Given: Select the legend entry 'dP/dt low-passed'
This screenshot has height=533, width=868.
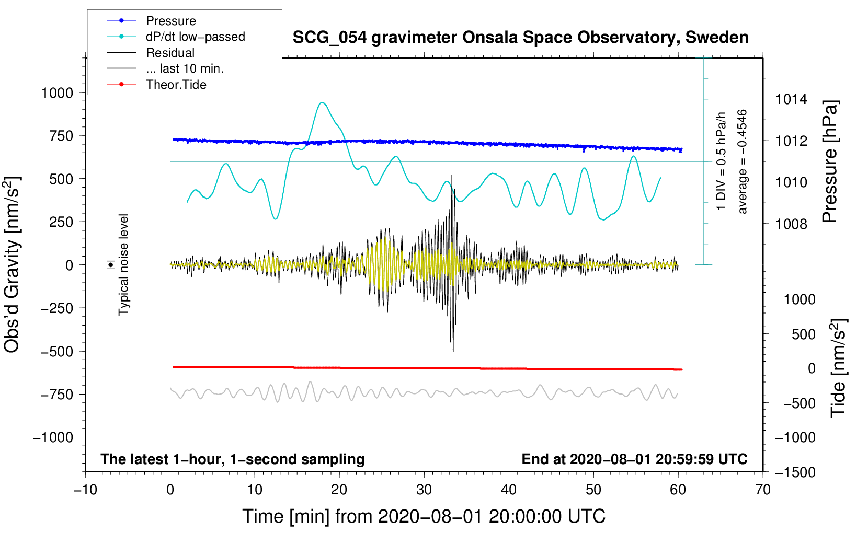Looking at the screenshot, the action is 176,37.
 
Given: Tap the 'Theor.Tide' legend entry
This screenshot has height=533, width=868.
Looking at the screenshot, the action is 156,85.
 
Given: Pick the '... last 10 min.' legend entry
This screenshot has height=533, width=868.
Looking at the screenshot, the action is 165,68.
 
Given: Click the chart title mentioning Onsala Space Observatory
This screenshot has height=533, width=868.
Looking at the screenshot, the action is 520,38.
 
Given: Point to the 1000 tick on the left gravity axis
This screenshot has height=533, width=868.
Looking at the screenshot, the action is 58,93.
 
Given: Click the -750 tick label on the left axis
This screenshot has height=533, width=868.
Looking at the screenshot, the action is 57,395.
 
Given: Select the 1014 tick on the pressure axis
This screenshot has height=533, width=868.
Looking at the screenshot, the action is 791,100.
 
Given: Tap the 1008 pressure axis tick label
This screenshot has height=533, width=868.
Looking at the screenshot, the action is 791,224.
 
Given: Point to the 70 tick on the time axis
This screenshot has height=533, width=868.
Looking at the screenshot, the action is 762,490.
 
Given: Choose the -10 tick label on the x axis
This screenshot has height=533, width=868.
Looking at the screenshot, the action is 85,490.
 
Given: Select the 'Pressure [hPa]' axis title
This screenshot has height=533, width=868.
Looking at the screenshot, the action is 830,161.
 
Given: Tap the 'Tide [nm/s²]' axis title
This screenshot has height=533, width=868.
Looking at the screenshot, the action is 838,368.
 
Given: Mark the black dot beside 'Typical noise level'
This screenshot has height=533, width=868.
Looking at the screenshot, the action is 111,265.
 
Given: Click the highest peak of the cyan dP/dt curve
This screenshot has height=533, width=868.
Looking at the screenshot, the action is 323,102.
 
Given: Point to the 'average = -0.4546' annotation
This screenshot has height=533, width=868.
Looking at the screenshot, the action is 741,161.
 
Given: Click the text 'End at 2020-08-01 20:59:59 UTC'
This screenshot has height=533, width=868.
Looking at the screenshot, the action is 634,459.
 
